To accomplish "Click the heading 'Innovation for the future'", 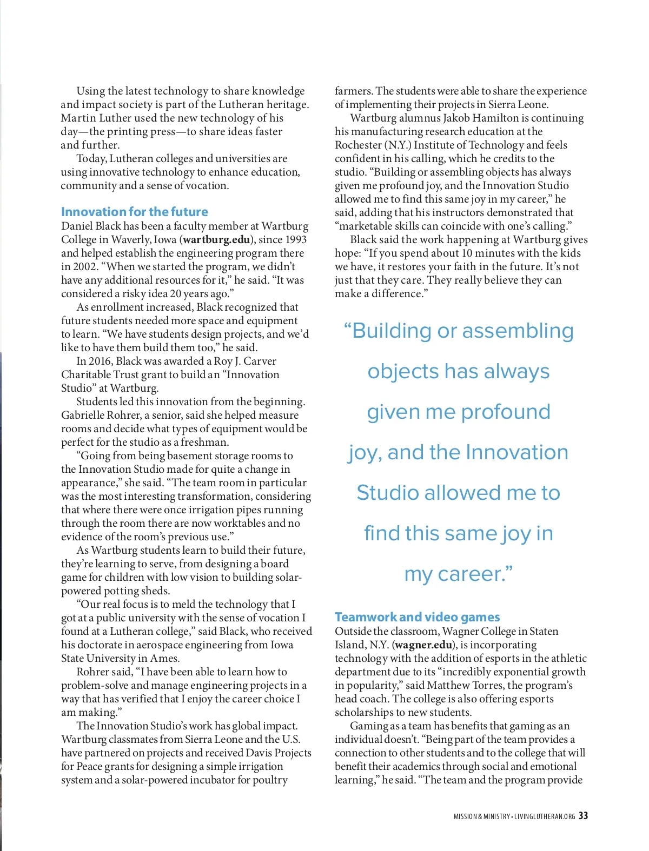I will tap(134, 212).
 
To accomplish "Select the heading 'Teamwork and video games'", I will tap(417, 617).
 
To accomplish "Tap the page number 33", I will tap(583, 816).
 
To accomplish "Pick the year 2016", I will tap(100, 361).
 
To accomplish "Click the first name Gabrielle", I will tap(85, 415).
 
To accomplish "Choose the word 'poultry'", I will tap(270, 780).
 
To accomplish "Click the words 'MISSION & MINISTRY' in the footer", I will tap(481, 816).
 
